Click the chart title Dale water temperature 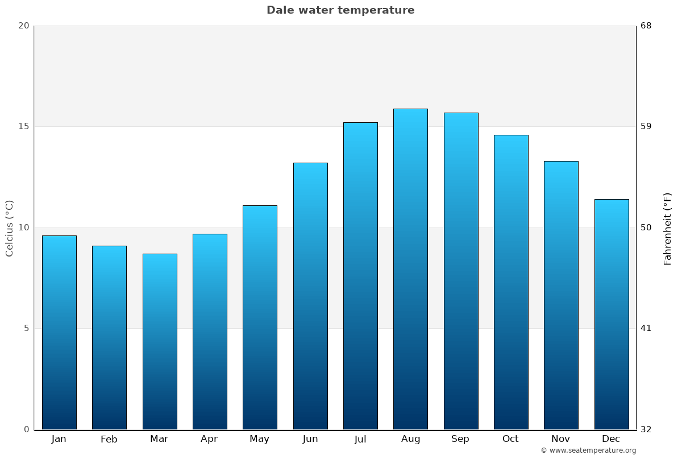(340, 10)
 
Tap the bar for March (160, 341)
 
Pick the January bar (59, 332)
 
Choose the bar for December (612, 314)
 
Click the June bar (310, 296)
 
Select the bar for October (511, 282)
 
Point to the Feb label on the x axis (109, 439)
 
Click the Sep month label (460, 439)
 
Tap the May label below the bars (260, 439)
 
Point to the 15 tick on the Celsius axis (23, 126)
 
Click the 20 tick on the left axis (23, 26)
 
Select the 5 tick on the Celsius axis (26, 328)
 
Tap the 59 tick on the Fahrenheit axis (646, 126)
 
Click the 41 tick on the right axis (646, 328)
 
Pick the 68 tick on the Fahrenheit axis (646, 26)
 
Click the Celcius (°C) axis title (9, 227)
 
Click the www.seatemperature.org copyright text (588, 450)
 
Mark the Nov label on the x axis (561, 439)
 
